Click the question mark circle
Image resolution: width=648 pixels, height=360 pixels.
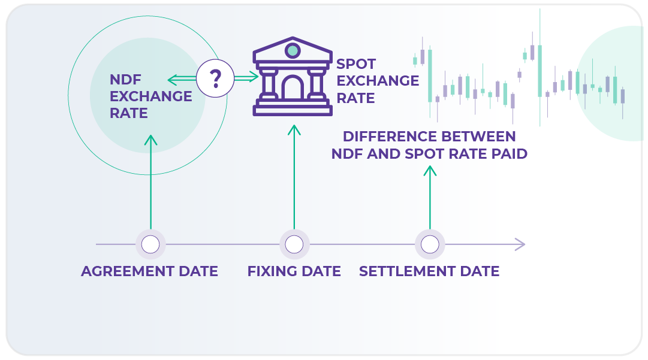pos(215,78)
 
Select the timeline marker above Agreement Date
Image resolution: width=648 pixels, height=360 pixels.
pos(150,244)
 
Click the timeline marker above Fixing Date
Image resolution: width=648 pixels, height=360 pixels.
pos(294,244)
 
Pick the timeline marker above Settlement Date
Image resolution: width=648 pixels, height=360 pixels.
pos(430,244)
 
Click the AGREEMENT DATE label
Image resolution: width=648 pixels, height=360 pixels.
pos(149,271)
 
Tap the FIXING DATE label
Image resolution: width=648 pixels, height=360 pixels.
pos(294,271)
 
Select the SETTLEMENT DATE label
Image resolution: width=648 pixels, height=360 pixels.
pos(429,271)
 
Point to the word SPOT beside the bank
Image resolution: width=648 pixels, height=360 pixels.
pos(356,64)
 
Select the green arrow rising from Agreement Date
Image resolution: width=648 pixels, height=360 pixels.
pos(150,180)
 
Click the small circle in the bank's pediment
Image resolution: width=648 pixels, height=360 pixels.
pos(293,50)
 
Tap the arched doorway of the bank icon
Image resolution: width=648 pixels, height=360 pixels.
pos(293,88)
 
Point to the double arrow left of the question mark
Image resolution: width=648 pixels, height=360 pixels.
pos(182,78)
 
